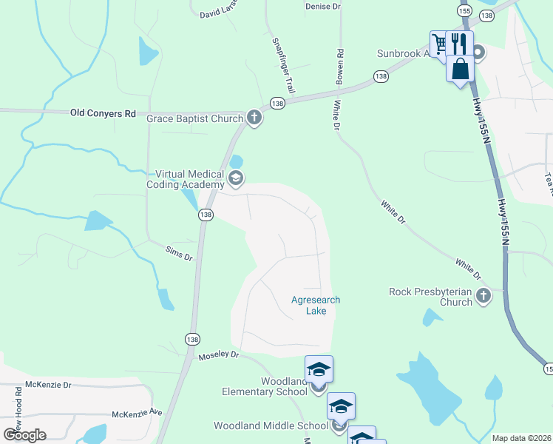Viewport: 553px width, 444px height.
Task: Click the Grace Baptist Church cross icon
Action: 254,118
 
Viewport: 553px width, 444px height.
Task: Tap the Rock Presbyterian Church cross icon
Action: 484,297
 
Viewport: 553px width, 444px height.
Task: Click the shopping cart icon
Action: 440,42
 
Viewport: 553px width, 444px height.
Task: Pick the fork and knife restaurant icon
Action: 461,42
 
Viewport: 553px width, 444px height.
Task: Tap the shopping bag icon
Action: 460,69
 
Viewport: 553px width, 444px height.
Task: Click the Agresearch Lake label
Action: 309,306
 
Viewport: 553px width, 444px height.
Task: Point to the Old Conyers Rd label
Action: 103,113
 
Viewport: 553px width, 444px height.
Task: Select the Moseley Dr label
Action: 220,355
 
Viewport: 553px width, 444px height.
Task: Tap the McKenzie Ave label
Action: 136,413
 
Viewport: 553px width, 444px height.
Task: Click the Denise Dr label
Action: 322,6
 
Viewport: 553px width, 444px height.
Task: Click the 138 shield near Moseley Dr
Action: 192,339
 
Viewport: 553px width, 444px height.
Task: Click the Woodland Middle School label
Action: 271,425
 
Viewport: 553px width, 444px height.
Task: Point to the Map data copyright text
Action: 520,438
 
